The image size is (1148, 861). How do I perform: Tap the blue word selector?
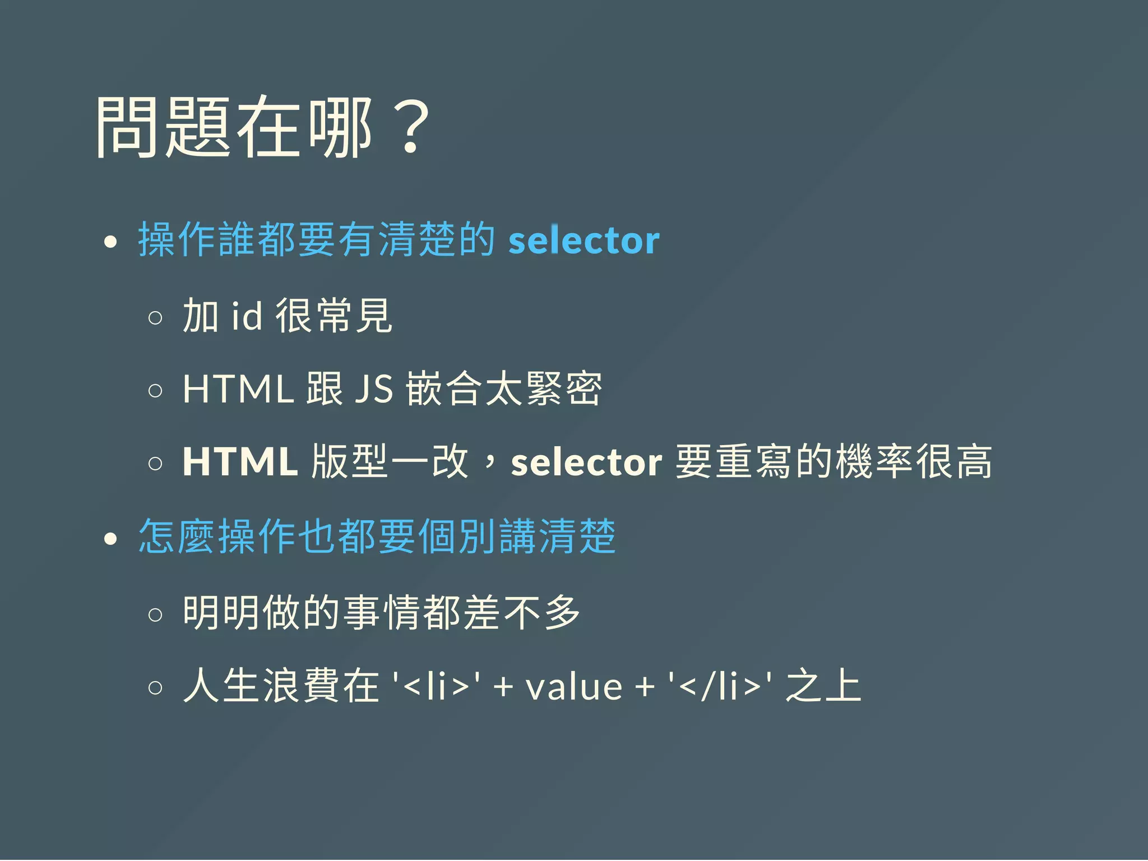584,240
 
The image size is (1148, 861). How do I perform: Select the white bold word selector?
586,462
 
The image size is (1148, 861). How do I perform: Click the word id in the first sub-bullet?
247,316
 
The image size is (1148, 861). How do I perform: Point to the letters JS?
374,388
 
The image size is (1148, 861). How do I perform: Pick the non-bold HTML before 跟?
238,388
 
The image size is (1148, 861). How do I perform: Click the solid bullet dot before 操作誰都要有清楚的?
110,242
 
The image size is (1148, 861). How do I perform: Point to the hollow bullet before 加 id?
155,318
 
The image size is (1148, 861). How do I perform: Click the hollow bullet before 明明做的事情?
155,615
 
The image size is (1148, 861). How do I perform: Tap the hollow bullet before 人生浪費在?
155,688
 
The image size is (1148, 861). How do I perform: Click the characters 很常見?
334,316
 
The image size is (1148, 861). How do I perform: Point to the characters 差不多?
522,612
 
